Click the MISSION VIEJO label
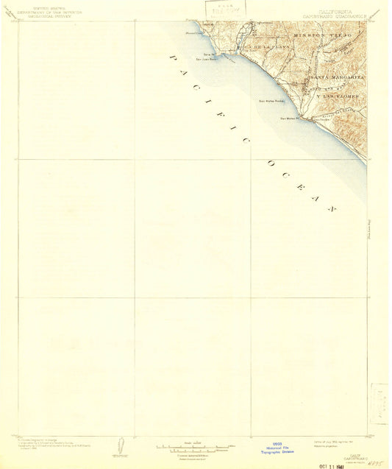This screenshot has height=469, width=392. click(x=323, y=35)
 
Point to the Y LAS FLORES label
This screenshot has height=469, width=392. click(x=329, y=96)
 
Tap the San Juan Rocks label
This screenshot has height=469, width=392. click(x=205, y=60)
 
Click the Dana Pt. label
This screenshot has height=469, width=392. click(x=208, y=54)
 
